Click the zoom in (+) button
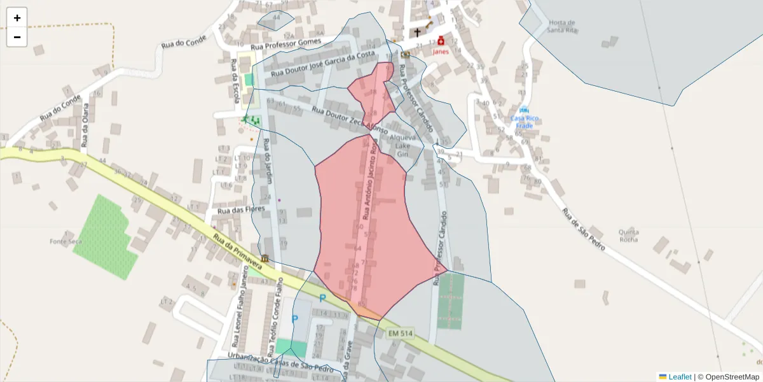point(17,18)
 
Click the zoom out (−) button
point(17,37)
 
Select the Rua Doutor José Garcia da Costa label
point(323,64)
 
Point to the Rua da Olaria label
point(85,126)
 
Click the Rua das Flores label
point(240,209)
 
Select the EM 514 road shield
point(401,333)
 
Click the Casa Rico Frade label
point(524,122)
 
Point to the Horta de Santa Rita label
point(561,26)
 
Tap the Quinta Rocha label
point(624,235)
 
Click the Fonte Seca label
point(66,241)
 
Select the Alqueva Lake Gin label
point(402,146)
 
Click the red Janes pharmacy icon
point(440,40)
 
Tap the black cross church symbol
point(418,32)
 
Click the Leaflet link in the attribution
point(679,377)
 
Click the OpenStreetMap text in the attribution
point(731,377)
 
